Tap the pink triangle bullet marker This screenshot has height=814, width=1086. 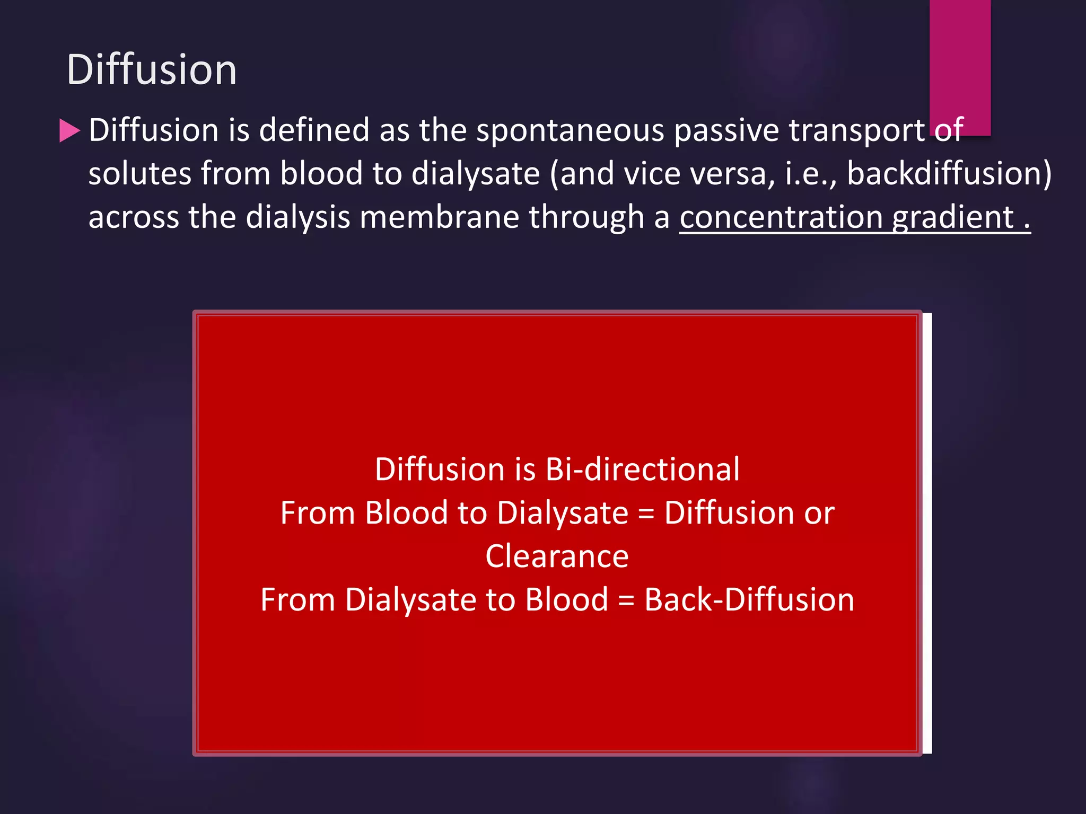69,130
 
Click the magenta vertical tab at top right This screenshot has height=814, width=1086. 960,64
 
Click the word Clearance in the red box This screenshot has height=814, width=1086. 557,556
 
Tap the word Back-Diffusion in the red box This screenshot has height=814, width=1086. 749,600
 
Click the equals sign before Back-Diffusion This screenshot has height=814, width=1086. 626,601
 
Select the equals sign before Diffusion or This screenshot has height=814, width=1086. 646,514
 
